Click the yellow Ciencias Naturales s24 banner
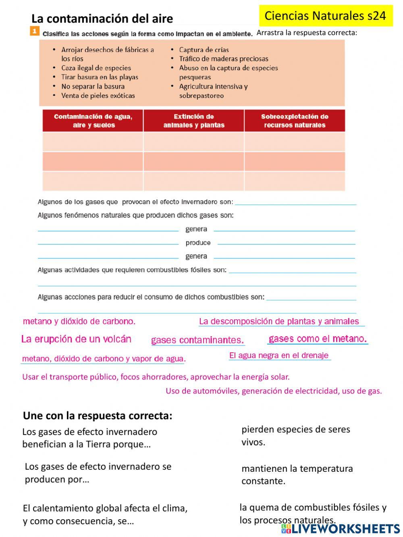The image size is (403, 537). (325, 16)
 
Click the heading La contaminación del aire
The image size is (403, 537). (102, 19)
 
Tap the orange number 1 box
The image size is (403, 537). (35, 31)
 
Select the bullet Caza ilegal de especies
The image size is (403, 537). (96, 68)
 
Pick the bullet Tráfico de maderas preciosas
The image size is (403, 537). (224, 59)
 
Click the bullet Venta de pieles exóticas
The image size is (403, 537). (98, 96)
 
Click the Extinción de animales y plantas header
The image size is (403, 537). (194, 121)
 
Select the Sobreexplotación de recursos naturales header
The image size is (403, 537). (295, 121)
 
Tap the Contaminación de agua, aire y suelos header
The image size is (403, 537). (93, 121)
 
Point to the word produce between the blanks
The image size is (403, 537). (198, 243)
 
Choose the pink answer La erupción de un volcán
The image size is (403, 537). (76, 339)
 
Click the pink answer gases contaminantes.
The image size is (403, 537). (197, 340)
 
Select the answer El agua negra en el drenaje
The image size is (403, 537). (279, 355)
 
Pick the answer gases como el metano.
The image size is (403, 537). (318, 339)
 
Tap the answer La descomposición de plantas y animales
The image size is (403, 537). (279, 321)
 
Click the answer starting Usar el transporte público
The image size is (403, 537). (156, 377)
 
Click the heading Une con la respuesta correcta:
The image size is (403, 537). (98, 415)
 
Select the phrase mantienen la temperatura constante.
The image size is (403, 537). (297, 475)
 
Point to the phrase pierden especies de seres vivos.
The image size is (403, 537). (295, 435)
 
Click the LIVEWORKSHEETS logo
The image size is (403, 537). (341, 529)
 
